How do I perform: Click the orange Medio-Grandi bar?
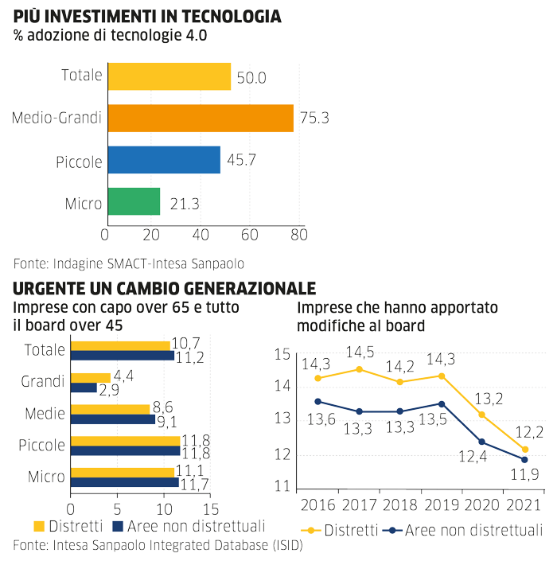(x=201, y=119)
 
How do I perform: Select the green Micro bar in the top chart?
(x=134, y=201)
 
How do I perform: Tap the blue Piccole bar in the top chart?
(x=164, y=160)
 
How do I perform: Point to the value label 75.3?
(x=314, y=119)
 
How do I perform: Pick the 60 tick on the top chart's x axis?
(x=249, y=235)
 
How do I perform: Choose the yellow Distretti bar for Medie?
(x=111, y=409)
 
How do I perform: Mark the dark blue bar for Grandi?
(x=84, y=388)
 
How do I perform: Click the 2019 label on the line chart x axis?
(x=442, y=505)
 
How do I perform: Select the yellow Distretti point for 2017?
(x=358, y=369)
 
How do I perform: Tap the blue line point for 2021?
(x=524, y=459)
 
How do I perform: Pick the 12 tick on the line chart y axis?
(x=282, y=454)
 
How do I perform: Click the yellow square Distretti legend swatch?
(x=39, y=526)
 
